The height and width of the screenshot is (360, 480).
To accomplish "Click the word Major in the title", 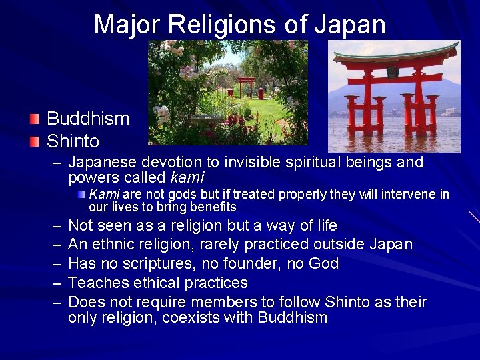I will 128,25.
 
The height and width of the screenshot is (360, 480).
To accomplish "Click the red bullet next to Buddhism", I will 35,119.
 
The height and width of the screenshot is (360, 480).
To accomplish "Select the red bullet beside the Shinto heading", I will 35,141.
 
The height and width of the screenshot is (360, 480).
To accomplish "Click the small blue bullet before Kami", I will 81,194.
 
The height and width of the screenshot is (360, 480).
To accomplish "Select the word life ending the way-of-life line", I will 322,225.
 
